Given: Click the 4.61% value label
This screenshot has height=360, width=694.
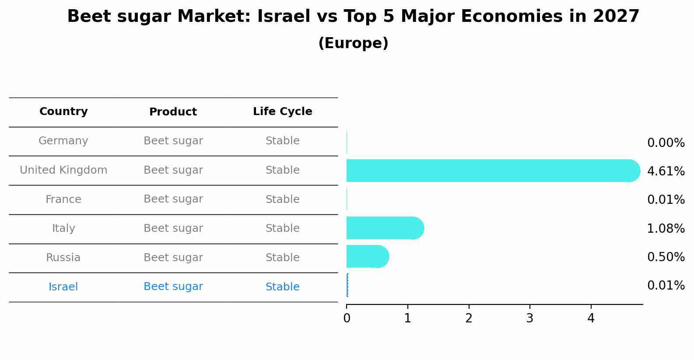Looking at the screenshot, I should pyautogui.click(x=666, y=171).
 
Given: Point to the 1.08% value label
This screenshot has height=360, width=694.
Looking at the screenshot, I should pyautogui.click(x=666, y=228).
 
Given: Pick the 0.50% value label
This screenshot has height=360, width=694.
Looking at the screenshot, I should pyautogui.click(x=666, y=257).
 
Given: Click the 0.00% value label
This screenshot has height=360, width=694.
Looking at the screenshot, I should pyautogui.click(x=666, y=143).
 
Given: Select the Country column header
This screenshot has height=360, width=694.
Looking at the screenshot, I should pyautogui.click(x=63, y=112).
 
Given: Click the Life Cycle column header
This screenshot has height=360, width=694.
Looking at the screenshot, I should pyautogui.click(x=282, y=112).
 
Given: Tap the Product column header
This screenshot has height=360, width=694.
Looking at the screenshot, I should pyautogui.click(x=173, y=112).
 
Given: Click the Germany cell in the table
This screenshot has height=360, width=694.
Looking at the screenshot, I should pyautogui.click(x=63, y=141).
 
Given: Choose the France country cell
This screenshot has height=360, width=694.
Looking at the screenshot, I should pyautogui.click(x=63, y=199).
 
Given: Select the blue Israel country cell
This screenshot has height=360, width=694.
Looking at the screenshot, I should pyautogui.click(x=63, y=287).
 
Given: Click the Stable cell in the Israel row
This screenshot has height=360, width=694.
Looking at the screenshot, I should pyautogui.click(x=282, y=287).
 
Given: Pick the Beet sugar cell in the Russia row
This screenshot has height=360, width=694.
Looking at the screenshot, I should pyautogui.click(x=173, y=258).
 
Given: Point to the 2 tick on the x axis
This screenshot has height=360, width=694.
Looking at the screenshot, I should pyautogui.click(x=469, y=318).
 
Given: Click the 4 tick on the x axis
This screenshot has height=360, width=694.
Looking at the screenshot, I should pyautogui.click(x=591, y=318).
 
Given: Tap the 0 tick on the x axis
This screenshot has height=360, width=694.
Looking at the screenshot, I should pyautogui.click(x=347, y=318).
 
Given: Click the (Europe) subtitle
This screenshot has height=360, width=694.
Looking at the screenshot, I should pyautogui.click(x=353, y=43).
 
